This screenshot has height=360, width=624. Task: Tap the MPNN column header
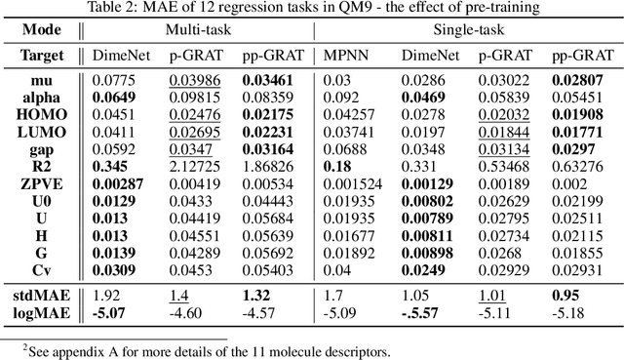(343, 56)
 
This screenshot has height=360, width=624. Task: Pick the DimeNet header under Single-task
(414, 56)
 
